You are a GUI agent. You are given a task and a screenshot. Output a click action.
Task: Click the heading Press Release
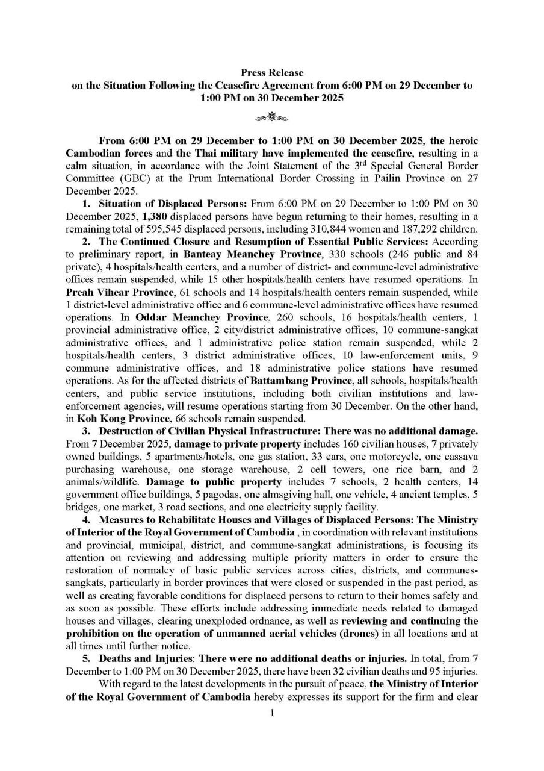point(272,73)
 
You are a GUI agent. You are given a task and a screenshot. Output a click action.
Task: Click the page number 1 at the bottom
point(272,713)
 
